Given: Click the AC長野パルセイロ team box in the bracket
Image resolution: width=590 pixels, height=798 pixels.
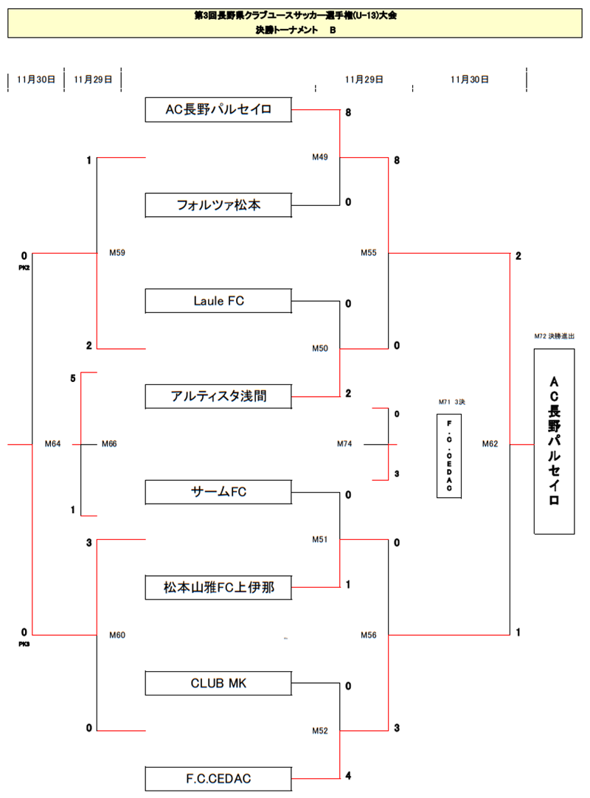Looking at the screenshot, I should tap(219, 110).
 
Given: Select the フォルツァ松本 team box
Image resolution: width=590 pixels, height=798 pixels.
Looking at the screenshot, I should tap(219, 205).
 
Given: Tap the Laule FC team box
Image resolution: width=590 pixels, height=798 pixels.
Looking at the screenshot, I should tap(219, 301).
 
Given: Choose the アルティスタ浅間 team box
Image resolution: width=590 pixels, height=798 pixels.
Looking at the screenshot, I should tap(219, 396).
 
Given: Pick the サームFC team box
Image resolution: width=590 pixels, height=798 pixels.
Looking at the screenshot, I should tap(219, 492).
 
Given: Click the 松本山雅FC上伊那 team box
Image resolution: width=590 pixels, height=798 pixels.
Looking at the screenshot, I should tap(219, 588).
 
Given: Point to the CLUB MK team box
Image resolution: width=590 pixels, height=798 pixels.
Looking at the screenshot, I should tap(219, 683).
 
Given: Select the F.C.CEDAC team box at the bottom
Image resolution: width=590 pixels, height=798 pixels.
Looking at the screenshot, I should tap(219, 778).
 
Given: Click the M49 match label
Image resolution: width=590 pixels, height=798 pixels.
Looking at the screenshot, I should tap(320, 157).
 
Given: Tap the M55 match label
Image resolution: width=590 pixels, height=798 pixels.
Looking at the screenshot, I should tap(369, 253).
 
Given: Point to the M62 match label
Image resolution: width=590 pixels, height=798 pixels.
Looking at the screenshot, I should tap(490, 444).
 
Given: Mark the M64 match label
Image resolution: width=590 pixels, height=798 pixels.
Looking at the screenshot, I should tap(52, 444).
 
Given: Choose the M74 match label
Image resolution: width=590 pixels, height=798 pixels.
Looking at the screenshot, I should tap(345, 444).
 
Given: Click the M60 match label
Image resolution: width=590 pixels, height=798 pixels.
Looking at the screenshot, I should tap(117, 635).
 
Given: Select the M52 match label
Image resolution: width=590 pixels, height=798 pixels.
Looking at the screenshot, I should tap(320, 731).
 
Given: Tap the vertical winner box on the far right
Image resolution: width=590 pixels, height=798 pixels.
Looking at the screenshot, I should tap(555, 441).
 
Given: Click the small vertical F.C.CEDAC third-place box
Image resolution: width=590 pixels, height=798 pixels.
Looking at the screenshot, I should tap(448, 455).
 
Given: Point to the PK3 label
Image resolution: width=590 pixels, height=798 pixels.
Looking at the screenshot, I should tap(24, 644).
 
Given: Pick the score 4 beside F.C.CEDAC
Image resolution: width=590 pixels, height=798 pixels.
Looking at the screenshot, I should tap(348, 776).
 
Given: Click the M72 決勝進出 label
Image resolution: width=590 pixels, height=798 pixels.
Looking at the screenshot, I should tap(555, 336).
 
